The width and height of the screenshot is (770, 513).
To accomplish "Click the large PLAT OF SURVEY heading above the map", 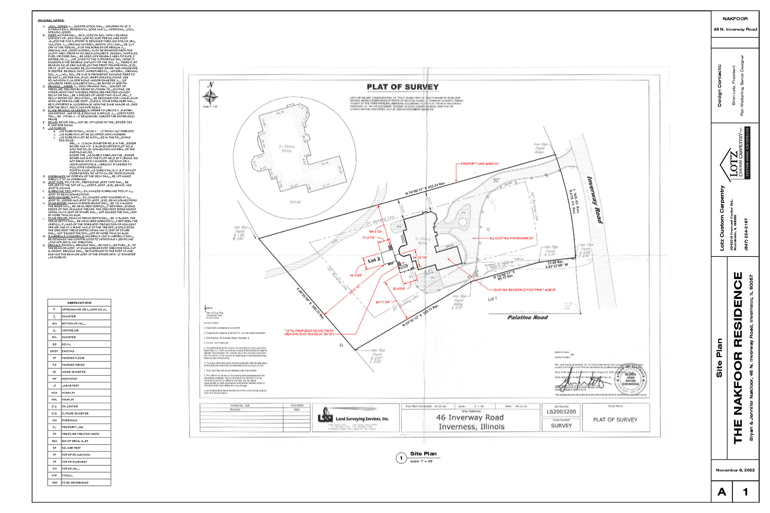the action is click(403, 87).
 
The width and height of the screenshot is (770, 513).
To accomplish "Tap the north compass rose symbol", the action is click(210, 96).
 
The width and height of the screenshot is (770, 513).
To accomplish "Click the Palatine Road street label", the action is click(527, 317).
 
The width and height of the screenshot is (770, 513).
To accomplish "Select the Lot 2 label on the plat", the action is click(374, 260).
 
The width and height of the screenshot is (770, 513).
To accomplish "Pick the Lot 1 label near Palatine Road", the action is click(492, 299).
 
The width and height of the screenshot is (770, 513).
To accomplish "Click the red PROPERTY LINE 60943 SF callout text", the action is click(480, 164).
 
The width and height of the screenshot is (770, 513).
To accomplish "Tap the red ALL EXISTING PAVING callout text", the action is click(511, 238).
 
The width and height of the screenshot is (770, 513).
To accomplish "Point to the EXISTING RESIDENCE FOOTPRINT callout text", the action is click(525, 290).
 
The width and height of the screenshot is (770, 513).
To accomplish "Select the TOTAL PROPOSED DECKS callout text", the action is click(309, 332).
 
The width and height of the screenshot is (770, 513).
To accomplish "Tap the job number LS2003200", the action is click(561, 412).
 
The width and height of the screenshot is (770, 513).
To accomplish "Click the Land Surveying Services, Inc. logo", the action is click(353, 418).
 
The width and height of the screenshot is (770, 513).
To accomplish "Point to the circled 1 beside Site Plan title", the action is click(401, 458).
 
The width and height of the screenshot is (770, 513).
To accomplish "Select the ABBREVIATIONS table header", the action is click(79, 303).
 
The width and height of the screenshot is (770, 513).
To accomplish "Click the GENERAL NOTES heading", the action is click(51, 20).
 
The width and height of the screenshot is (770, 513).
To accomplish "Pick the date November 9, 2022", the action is click(735, 470).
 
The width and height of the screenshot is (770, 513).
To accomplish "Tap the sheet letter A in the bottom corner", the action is click(722, 492).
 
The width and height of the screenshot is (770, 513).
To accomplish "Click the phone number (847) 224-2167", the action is click(746, 234).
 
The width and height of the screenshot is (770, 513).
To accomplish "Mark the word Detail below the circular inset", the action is click(295, 202).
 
